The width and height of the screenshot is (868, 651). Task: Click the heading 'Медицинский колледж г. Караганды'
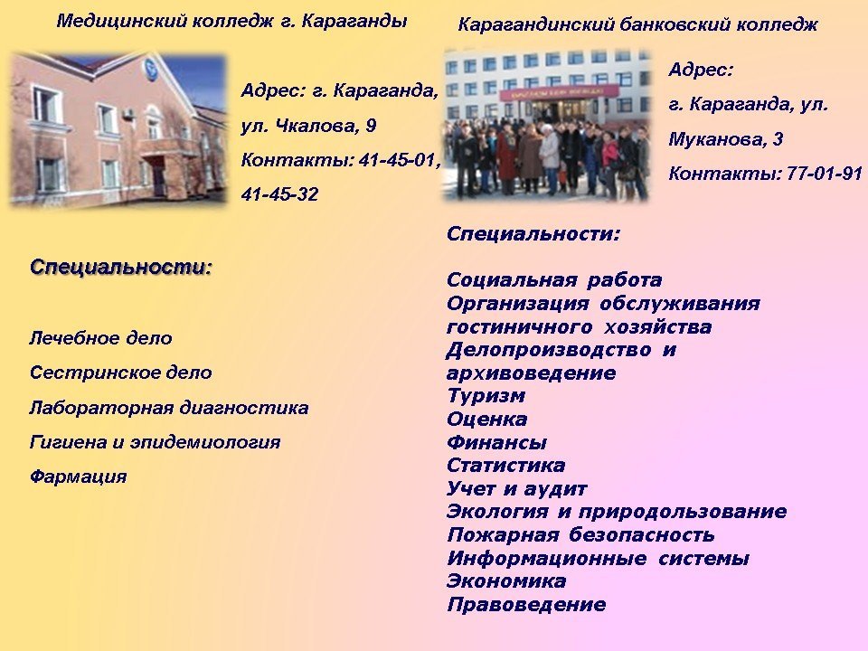click(x=232, y=22)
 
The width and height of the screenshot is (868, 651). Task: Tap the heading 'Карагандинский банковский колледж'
click(x=637, y=25)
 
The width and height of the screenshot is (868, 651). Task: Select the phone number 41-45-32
click(x=280, y=194)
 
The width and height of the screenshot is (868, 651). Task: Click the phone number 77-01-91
click(x=825, y=174)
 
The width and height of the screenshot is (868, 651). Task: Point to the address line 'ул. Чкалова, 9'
click(x=308, y=127)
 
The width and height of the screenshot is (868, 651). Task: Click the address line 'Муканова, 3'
click(x=726, y=139)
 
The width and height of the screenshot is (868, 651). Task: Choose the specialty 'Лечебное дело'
click(x=100, y=338)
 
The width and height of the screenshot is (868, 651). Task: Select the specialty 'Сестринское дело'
click(x=120, y=373)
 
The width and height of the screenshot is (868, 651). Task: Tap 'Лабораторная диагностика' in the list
click(x=169, y=408)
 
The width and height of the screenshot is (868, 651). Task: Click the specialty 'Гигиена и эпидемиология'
click(x=155, y=442)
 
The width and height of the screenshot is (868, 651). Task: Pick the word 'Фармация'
click(x=78, y=476)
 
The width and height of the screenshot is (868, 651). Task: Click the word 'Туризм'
click(x=486, y=396)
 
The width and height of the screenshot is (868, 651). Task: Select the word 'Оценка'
click(x=487, y=419)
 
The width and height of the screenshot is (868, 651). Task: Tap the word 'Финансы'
click(x=496, y=442)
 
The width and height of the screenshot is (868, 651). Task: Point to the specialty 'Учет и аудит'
click(x=517, y=489)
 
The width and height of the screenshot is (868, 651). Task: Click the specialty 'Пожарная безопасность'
click(x=580, y=534)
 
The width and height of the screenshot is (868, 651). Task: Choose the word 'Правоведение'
click(x=526, y=605)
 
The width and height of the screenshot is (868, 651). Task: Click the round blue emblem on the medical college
click(x=151, y=69)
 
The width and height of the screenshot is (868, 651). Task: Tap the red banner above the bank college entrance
click(x=559, y=92)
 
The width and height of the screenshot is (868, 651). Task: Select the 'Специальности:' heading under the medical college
click(x=121, y=268)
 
